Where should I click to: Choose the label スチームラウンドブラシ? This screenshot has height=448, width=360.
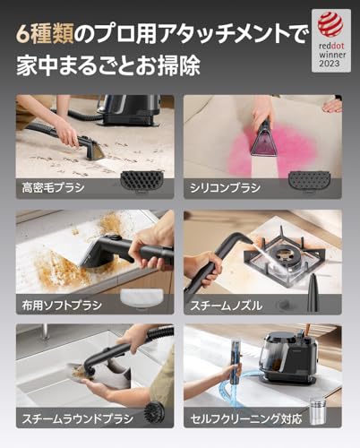pos(70,419)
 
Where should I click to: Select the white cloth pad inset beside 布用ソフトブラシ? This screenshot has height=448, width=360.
pos(148,284)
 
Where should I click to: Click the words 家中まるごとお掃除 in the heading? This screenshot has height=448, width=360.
pos(108,68)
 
